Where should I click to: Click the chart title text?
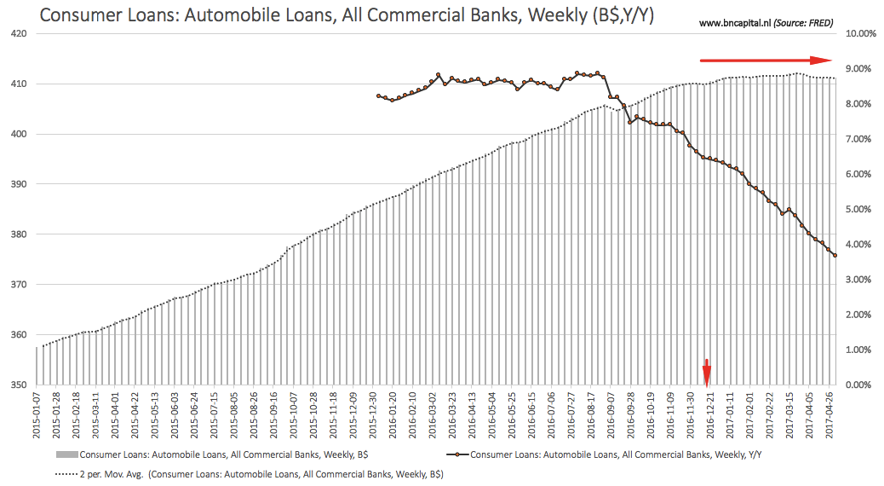[347, 14]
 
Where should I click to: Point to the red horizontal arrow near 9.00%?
[766, 60]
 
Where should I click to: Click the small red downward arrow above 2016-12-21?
[706, 373]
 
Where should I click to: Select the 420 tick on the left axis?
[19, 34]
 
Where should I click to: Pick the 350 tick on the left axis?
[19, 385]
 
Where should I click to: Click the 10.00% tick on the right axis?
[860, 34]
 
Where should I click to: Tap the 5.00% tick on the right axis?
[858, 210]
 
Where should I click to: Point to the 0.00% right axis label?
[858, 385]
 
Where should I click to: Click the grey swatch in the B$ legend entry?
[66, 454]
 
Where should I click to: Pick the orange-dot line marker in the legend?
[457, 454]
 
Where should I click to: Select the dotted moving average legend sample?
[66, 474]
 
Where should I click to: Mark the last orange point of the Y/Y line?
[835, 256]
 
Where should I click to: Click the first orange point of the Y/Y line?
[378, 96]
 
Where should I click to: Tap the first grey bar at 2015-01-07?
[37, 366]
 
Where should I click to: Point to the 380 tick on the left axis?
[19, 234]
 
